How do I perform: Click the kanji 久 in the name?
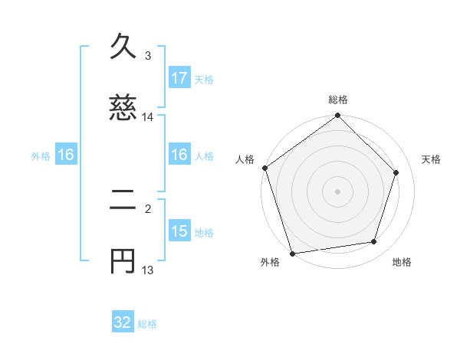(x=123, y=47)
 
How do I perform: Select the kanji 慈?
(x=123, y=108)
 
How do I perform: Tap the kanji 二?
(x=123, y=202)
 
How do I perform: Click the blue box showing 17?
(x=179, y=77)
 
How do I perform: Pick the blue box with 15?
(x=179, y=231)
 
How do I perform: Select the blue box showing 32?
(x=123, y=322)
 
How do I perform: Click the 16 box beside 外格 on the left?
(x=66, y=155)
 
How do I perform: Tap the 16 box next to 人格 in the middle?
(x=179, y=155)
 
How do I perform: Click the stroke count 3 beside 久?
(x=148, y=56)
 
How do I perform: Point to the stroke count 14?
(x=148, y=117)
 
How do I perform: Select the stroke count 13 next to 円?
(x=148, y=270)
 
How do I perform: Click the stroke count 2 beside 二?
(x=148, y=208)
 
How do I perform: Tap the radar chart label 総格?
(x=338, y=100)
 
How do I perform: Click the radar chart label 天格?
(x=431, y=159)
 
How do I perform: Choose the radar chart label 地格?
(x=402, y=262)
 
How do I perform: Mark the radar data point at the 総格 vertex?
(x=338, y=116)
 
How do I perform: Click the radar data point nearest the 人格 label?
(x=265, y=168)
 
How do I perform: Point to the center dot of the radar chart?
(x=338, y=191)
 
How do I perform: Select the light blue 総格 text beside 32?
(x=147, y=324)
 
